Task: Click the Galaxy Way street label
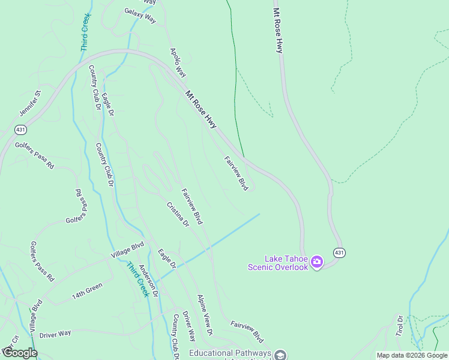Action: tap(140, 16)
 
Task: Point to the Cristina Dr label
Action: tap(178, 214)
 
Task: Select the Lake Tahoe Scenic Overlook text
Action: tap(278, 263)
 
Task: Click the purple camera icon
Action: tap(317, 262)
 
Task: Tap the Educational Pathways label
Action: tap(230, 353)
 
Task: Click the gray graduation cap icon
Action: tap(280, 355)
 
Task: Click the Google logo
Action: tap(19, 353)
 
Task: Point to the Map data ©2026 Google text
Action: tap(412, 355)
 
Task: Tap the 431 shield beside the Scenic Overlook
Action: tap(339, 253)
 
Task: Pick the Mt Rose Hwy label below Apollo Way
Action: tap(201, 109)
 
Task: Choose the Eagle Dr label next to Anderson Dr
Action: tap(166, 259)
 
